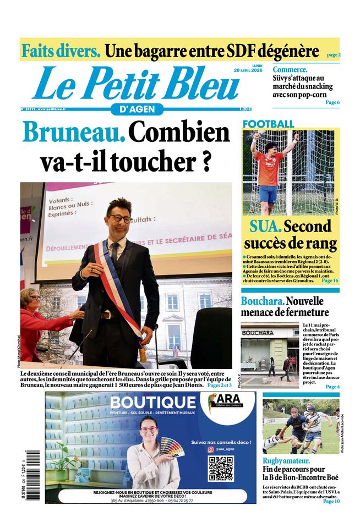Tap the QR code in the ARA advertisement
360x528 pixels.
(220, 469)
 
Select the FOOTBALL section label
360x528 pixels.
(268, 124)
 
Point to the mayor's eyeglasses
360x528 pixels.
(119, 218)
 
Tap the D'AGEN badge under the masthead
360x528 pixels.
(133, 109)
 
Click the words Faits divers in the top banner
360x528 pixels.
(61, 51)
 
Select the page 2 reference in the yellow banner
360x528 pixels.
(333, 55)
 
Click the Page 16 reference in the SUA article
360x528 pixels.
(330, 281)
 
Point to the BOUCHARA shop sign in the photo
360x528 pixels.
(258, 333)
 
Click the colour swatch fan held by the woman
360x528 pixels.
(168, 446)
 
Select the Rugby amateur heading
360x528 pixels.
(286, 461)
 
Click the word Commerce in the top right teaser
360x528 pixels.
(290, 70)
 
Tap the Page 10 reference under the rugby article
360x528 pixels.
(331, 501)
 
